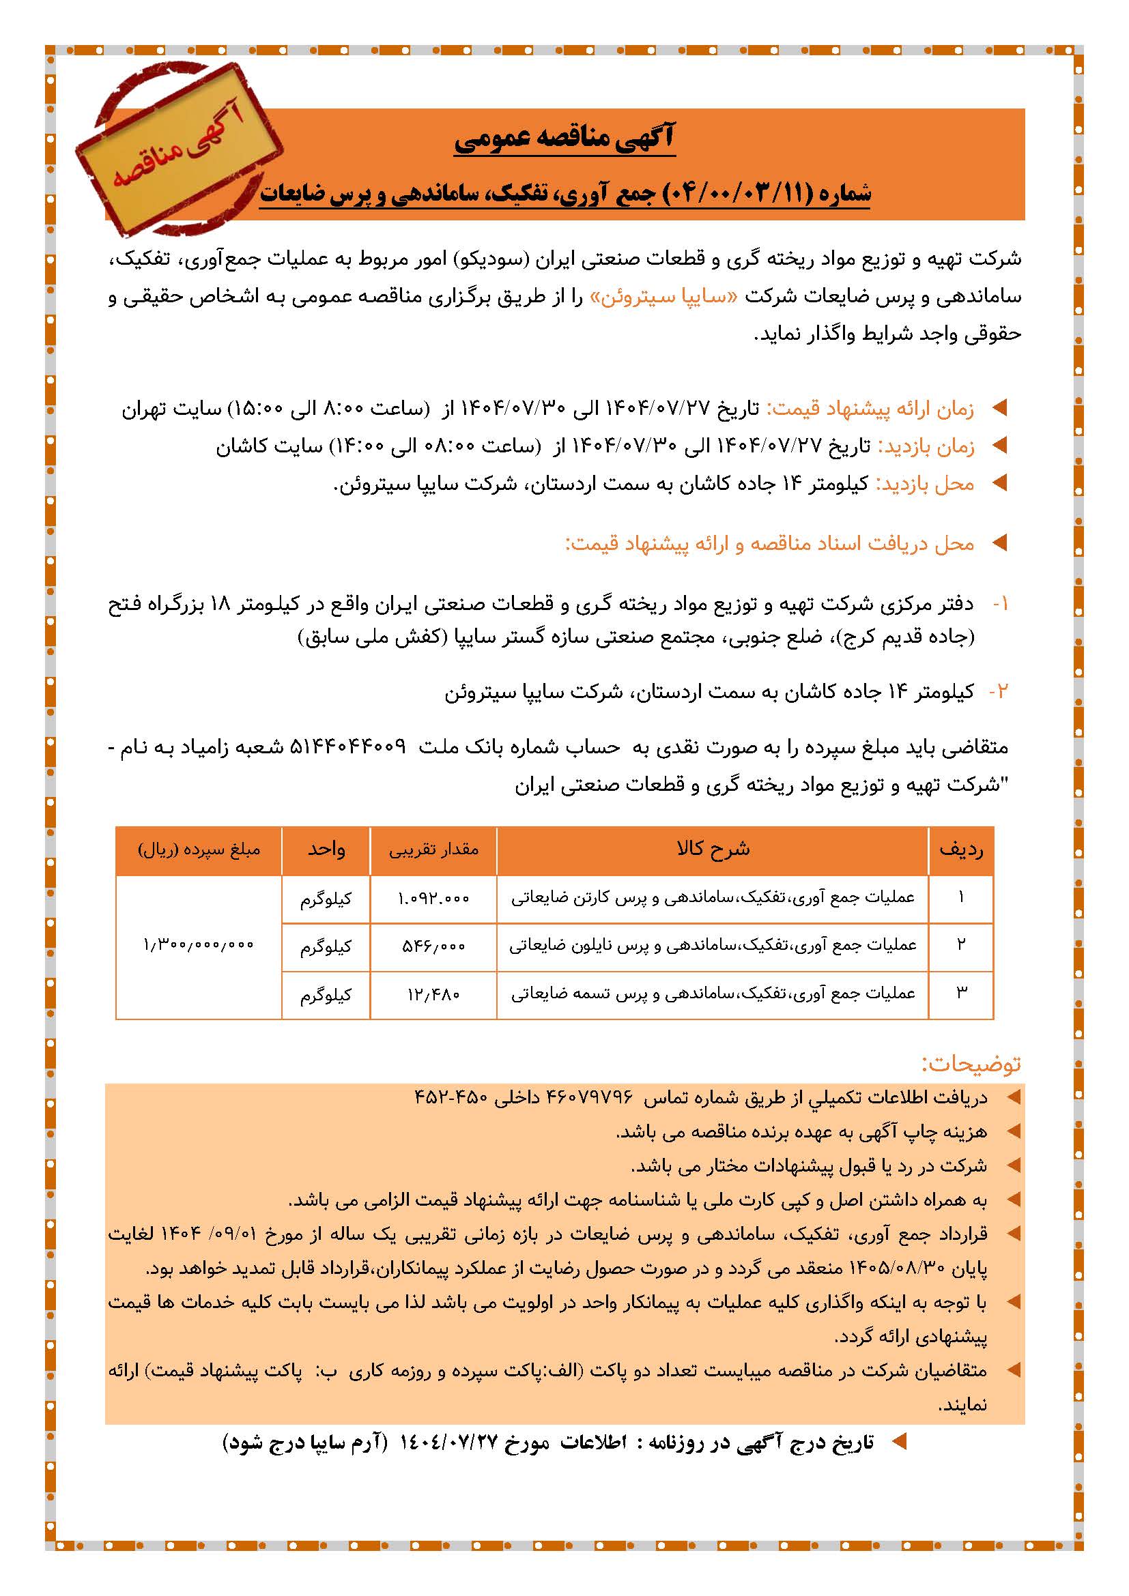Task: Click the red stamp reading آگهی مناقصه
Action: click(180, 156)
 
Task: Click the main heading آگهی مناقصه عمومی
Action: click(564, 139)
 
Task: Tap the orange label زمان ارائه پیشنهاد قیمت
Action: click(869, 409)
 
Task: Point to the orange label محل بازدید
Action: click(925, 484)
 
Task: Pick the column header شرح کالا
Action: click(713, 849)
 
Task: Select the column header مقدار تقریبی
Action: click(433, 849)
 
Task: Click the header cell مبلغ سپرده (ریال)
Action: click(199, 849)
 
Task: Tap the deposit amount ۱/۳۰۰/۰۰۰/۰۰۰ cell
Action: click(199, 945)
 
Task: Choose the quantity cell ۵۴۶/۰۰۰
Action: click(433, 946)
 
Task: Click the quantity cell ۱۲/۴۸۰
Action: click(433, 995)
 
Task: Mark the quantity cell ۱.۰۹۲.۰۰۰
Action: click(433, 898)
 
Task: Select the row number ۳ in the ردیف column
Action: click(962, 993)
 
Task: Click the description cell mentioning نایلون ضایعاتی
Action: click(713, 945)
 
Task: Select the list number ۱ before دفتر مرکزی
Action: click(1001, 604)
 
